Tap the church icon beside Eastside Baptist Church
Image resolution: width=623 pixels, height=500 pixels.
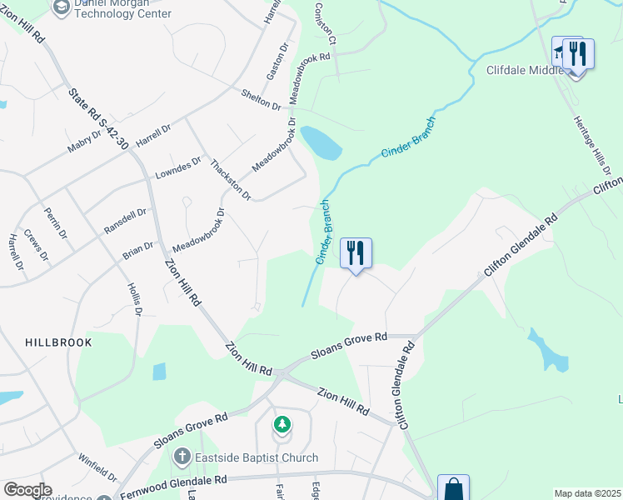[182, 457]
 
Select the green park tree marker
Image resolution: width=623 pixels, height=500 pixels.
[282, 425]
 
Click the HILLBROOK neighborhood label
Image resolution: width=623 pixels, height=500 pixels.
[57, 342]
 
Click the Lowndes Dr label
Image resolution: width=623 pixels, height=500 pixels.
[179, 168]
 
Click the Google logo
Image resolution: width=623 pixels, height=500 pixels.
[27, 490]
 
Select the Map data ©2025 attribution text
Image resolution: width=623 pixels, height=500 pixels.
[587, 493]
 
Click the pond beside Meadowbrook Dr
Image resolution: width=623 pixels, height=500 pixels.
[321, 143]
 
